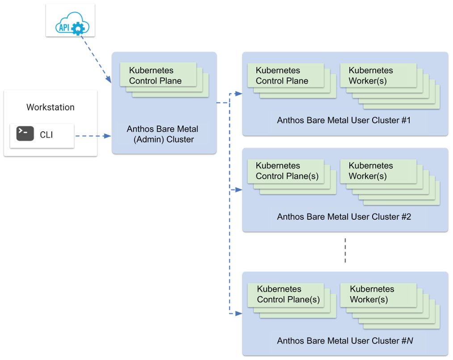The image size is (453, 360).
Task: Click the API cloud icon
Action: (x=72, y=24)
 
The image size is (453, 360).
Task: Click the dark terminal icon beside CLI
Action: (x=25, y=134)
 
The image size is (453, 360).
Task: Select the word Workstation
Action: (x=50, y=107)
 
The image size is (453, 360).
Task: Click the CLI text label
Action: (x=46, y=135)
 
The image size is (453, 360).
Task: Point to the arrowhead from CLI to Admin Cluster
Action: (x=108, y=136)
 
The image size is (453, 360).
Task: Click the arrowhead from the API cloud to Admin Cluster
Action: (x=109, y=79)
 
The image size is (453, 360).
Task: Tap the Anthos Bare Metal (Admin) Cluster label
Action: (x=163, y=134)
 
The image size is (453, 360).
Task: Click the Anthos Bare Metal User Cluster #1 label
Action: (x=344, y=120)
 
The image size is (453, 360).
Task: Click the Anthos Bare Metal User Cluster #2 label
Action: (x=344, y=217)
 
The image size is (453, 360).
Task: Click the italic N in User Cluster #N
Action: (x=410, y=341)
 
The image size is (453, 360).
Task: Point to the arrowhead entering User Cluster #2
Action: (x=239, y=190)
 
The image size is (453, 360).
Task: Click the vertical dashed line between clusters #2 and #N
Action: (x=345, y=251)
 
